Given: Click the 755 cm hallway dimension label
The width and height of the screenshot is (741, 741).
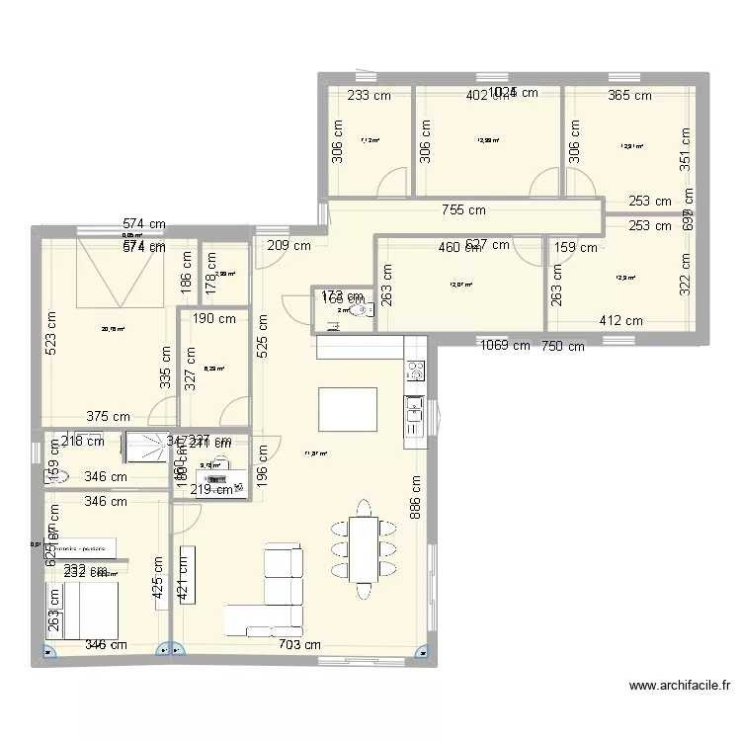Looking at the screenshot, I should (x=463, y=209).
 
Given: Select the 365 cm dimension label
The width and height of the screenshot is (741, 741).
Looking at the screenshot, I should (x=630, y=96).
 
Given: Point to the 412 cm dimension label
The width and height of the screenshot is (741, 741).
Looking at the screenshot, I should (x=620, y=320).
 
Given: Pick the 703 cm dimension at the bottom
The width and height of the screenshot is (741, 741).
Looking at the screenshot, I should (x=298, y=644).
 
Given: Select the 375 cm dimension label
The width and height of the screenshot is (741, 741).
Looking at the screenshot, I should (x=108, y=417).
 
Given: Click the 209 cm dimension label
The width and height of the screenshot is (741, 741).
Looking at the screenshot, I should (x=288, y=245).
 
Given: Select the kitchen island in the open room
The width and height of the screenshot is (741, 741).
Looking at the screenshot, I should (x=347, y=408).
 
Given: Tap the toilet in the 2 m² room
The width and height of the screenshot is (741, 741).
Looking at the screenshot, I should (x=367, y=310).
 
